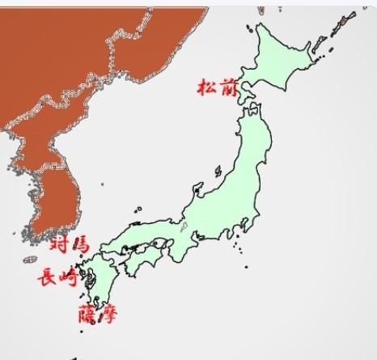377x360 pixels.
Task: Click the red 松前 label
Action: coord(215,87)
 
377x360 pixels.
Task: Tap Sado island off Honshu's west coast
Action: coord(218,172)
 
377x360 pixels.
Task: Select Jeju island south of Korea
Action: coord(32,260)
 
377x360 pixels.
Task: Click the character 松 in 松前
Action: coord(205,87)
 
